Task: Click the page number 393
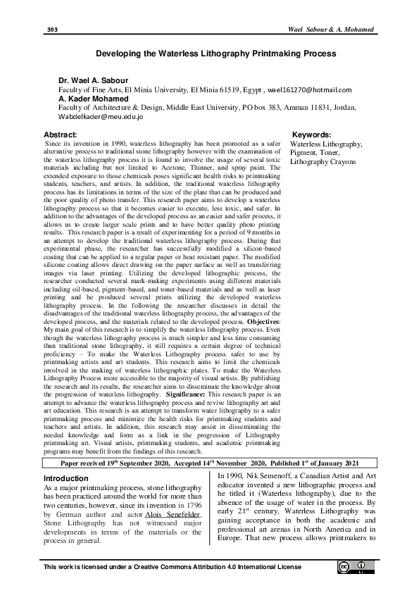click(51, 30)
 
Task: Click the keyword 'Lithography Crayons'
click(323, 161)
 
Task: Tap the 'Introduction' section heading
click(67, 478)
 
